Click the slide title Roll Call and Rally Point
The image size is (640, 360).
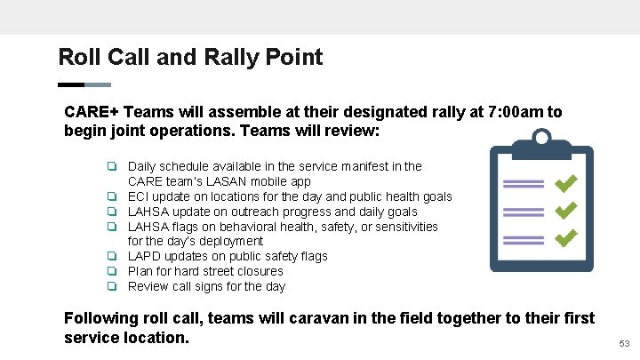[190, 58]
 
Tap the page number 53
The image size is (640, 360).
[623, 343]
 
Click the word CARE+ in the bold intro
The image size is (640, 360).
[92, 113]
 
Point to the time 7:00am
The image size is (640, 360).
[516, 113]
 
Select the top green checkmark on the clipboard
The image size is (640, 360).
[565, 183]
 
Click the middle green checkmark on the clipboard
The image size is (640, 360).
[565, 212]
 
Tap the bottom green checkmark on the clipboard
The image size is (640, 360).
[565, 239]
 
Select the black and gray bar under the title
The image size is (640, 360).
[84, 85]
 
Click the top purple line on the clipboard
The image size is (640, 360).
[523, 184]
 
